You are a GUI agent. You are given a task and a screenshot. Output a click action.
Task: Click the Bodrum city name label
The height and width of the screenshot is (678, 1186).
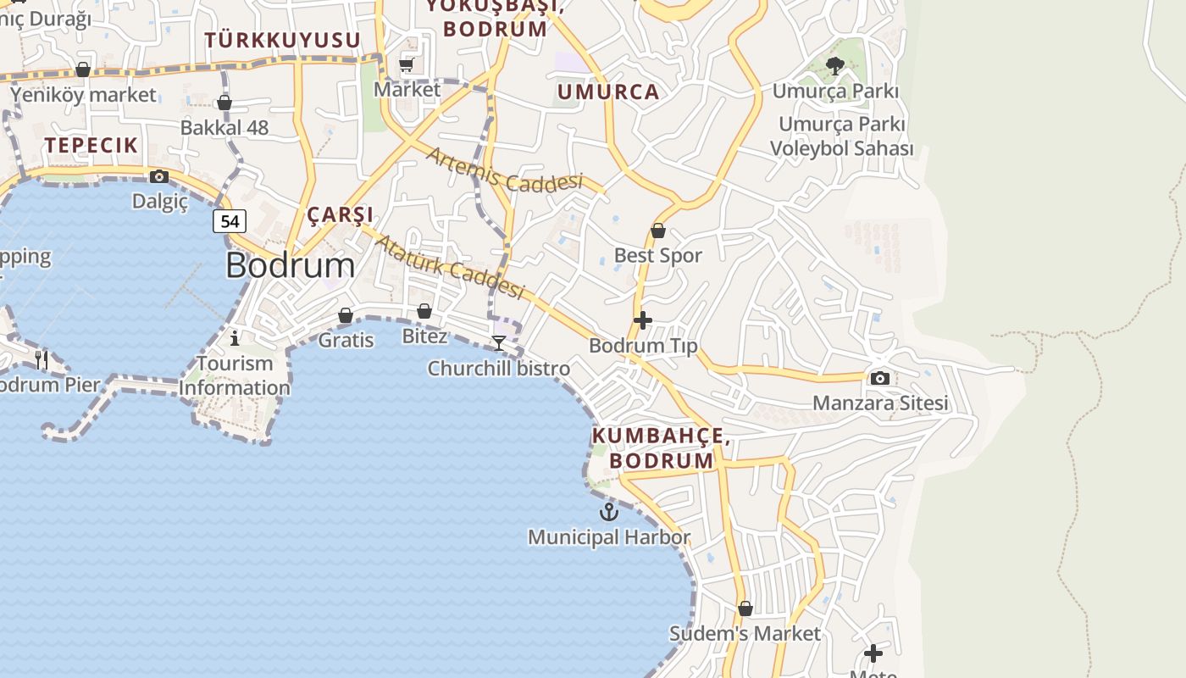291,266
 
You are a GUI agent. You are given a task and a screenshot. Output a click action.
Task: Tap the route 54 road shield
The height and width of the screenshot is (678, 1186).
229,221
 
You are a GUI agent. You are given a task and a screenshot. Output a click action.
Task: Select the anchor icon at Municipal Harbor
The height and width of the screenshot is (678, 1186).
608,512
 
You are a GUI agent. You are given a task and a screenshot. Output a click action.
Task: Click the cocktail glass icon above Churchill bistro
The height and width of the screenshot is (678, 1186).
499,342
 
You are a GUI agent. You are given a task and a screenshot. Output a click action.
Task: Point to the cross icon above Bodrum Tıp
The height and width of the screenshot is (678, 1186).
643,320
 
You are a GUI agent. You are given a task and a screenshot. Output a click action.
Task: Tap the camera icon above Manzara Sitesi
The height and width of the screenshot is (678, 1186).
880,378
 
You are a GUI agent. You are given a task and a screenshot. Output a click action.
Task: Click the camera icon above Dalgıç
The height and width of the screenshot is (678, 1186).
158,176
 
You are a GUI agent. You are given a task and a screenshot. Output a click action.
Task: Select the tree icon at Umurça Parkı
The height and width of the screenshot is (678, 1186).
835,66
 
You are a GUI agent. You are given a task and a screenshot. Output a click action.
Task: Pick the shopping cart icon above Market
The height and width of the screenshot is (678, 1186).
407,64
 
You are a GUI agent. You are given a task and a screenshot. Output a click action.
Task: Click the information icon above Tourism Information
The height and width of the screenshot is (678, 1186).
235,338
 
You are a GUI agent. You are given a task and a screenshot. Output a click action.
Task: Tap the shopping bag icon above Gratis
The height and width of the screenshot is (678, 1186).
346,315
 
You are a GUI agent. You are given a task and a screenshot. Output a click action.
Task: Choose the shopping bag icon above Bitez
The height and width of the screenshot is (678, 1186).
424,311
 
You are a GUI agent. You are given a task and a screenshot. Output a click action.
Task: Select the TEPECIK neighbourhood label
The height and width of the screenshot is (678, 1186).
91,145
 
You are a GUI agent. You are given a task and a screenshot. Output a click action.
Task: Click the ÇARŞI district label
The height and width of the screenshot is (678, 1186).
340,214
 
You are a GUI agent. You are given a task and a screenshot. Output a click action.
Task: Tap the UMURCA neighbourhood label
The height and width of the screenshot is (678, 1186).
608,92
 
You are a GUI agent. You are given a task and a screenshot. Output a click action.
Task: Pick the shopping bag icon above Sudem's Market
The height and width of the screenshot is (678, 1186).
745,609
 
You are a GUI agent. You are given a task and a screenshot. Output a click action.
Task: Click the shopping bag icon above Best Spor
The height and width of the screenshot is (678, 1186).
658,231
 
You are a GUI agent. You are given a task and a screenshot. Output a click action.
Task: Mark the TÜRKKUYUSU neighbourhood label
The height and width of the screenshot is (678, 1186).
283,40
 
